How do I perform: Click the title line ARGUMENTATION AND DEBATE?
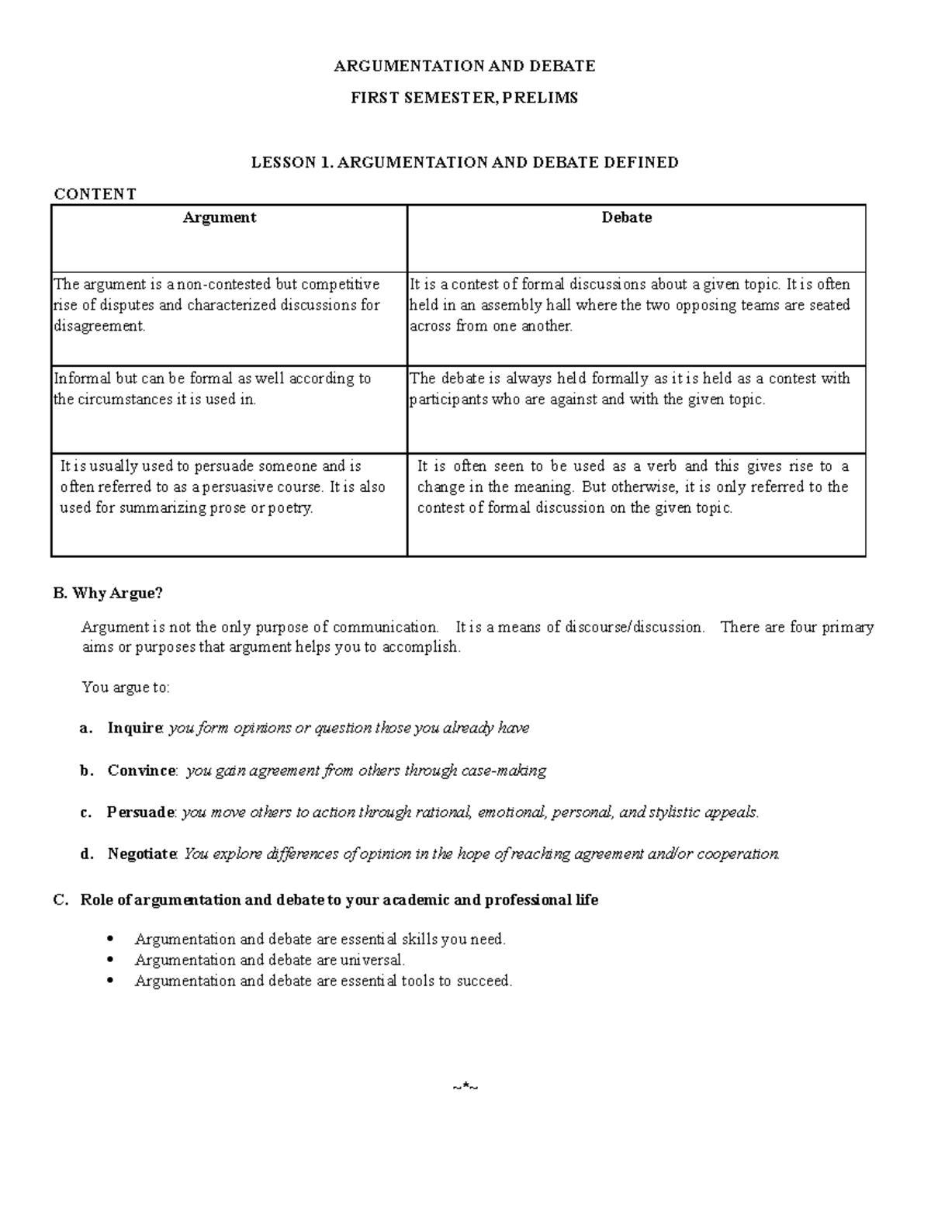464,66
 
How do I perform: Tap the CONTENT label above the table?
94,194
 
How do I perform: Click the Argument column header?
220,218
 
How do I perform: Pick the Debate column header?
627,218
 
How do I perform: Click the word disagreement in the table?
99,326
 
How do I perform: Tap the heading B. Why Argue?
108,594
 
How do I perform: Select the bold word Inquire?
135,728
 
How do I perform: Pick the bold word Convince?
142,770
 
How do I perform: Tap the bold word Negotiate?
143,854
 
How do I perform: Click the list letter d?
85,854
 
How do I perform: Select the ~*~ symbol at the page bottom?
465,1087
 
